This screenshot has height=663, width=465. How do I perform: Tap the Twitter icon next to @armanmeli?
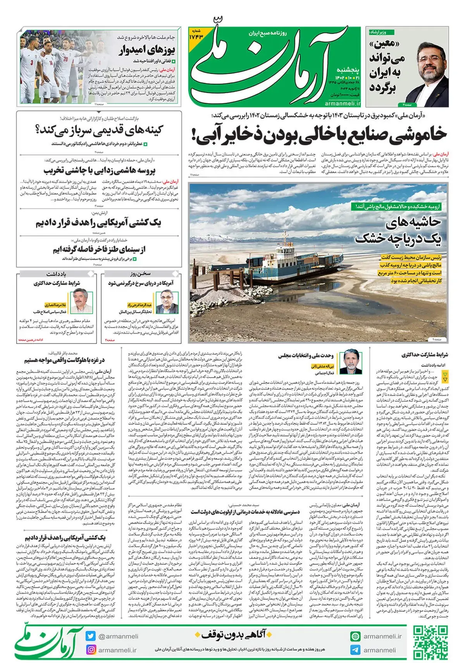[91, 636]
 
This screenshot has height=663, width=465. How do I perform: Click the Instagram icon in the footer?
[91, 650]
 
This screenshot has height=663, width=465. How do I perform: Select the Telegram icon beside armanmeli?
[355, 650]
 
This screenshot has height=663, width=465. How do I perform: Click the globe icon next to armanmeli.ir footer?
[355, 636]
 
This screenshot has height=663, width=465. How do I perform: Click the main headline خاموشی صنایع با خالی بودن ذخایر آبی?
[319, 134]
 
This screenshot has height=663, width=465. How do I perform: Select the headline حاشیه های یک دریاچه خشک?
[399, 230]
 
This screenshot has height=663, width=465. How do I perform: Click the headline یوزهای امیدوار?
[147, 50]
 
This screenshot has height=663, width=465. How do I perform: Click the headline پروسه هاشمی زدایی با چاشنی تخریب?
[100, 170]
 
